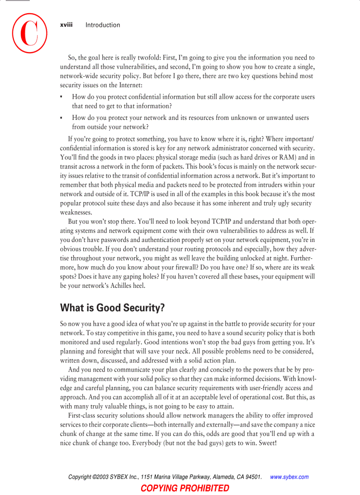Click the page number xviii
pyautogui.click(x=66, y=25)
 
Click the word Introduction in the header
pyautogui.click(x=102, y=25)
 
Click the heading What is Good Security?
pyautogui.click(x=112, y=307)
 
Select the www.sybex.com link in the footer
pyautogui.click(x=289, y=477)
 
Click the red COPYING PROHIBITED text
pyautogui.click(x=185, y=488)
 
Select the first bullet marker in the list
pyautogui.click(x=61, y=97)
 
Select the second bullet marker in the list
pyautogui.click(x=61, y=118)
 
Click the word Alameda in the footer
pyautogui.click(x=224, y=477)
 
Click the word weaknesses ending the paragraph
pyautogui.click(x=76, y=212)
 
